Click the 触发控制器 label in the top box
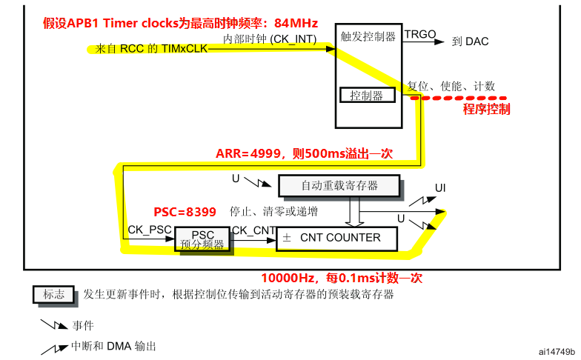(368, 36)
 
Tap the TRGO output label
(419, 34)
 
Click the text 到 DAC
(470, 41)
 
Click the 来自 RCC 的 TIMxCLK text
(151, 50)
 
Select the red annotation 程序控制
(486, 110)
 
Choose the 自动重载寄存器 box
(339, 185)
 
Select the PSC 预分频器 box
(202, 239)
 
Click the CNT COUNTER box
(337, 239)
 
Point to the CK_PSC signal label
(150, 230)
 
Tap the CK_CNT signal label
(254, 230)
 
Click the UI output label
(440, 188)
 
